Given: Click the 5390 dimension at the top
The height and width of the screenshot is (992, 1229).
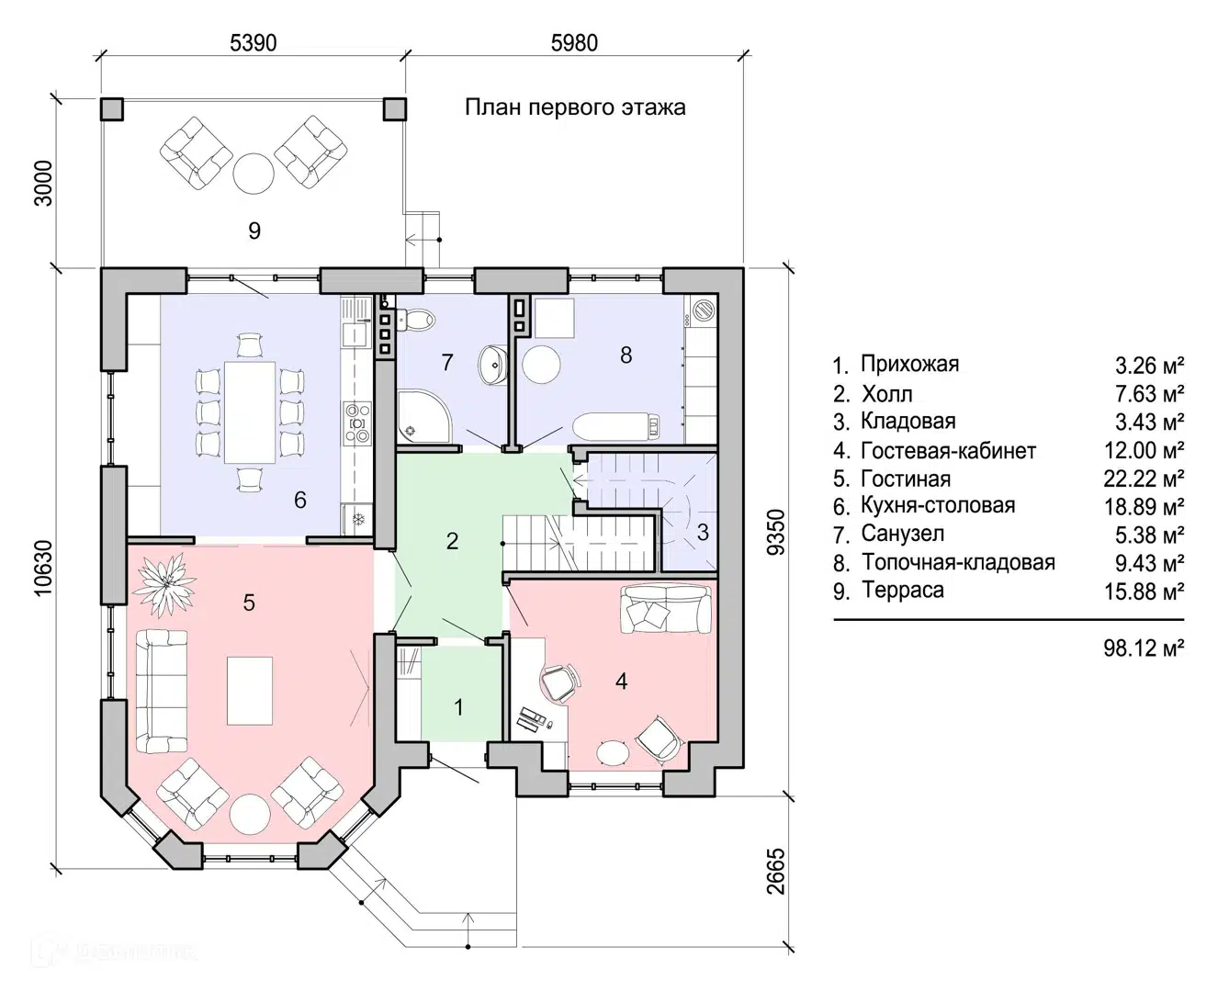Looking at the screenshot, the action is tap(253, 43).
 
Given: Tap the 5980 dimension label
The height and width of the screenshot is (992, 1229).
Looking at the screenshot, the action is tap(574, 43).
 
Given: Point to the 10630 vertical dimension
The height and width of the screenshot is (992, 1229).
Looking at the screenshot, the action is tap(43, 568).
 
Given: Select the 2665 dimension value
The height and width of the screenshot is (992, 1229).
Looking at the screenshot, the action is tap(776, 872).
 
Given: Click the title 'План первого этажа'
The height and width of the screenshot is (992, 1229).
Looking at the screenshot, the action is tap(575, 107).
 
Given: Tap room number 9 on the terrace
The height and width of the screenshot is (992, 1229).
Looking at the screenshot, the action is tap(254, 231).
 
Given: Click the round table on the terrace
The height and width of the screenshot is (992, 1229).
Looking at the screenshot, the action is tap(253, 173).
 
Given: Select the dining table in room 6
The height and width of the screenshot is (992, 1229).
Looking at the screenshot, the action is tap(250, 412).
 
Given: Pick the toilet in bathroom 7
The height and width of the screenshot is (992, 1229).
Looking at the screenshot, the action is tap(417, 320).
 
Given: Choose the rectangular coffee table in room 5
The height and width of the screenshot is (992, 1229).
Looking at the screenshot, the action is tap(249, 691).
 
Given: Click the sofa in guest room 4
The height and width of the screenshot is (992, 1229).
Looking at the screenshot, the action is tap(665, 611).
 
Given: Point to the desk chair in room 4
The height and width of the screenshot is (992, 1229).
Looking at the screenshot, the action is tap(559, 683).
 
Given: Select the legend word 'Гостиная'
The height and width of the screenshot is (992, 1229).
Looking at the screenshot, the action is tap(906, 479).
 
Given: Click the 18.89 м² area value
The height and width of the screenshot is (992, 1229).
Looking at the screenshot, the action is tap(1144, 507).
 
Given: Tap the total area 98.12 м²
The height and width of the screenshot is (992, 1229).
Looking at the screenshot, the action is tap(1144, 648).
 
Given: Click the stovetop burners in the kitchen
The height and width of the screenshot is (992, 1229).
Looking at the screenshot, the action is tap(358, 424).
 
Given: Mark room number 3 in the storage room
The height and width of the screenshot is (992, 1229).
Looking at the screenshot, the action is tap(702, 532).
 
